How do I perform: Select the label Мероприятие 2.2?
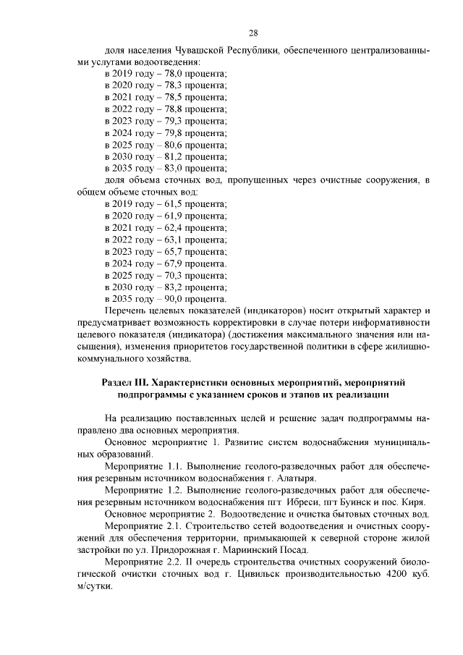(143, 561)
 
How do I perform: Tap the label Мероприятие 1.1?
(143, 467)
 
